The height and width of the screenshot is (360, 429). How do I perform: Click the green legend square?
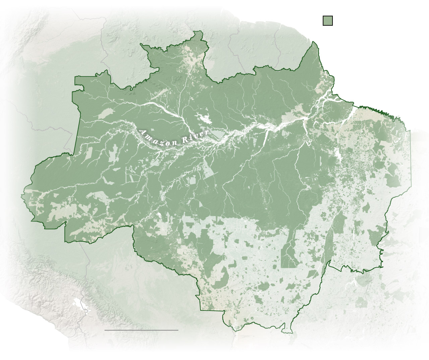(x=327, y=20)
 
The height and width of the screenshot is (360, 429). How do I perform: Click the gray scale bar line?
(x=141, y=330)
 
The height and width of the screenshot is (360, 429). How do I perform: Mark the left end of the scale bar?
(x=105, y=330)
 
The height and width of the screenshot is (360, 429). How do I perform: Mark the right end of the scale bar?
(x=178, y=330)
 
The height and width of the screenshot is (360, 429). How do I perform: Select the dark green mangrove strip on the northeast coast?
(x=377, y=111)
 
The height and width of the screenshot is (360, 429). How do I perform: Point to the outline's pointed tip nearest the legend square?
(x=314, y=42)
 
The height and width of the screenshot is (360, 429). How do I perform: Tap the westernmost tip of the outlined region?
(x=22, y=194)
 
